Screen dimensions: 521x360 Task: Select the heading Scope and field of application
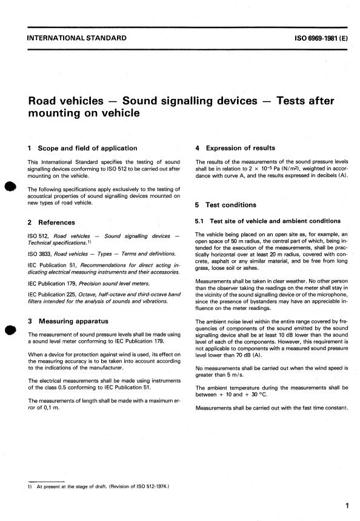click(88, 147)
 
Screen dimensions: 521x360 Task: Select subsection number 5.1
click(201, 221)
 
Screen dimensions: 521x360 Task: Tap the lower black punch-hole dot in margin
click(9, 332)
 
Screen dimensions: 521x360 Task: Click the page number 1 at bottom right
click(345, 505)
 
